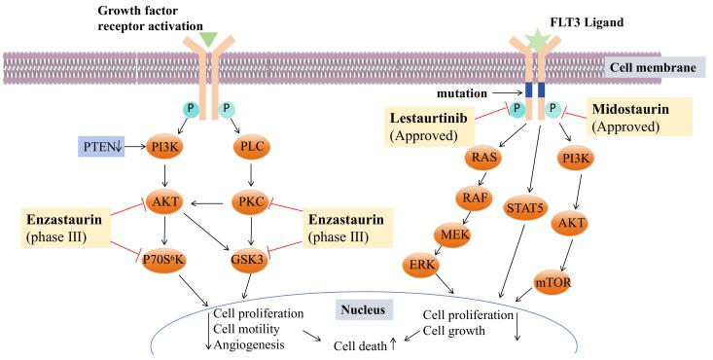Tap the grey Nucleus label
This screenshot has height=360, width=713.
click(x=361, y=309)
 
